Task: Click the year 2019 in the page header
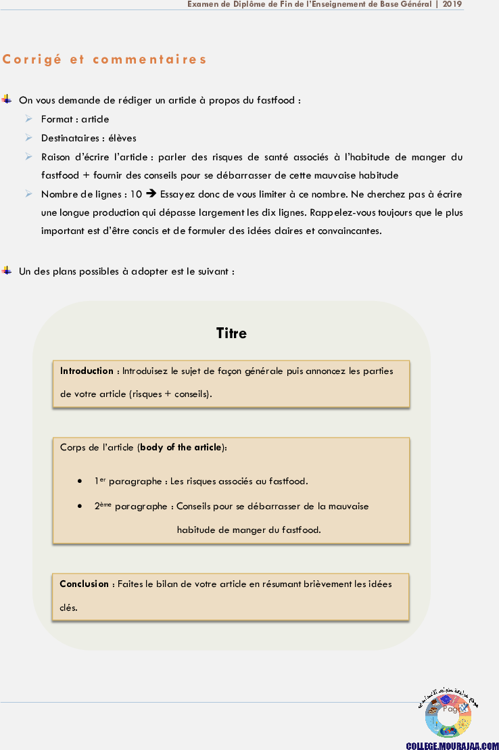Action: [453, 4]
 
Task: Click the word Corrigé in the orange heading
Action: [32, 60]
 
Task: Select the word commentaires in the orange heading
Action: [149, 60]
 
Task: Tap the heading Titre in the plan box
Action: [231, 333]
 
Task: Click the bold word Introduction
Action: [87, 371]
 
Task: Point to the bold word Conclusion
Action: [84, 584]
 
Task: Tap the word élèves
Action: [122, 138]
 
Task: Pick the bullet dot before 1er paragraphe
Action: [80, 482]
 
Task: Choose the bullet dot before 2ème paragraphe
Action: [80, 506]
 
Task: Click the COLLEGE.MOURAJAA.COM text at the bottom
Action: [452, 745]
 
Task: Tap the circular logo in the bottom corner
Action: [448, 714]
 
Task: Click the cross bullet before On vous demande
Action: [7, 99]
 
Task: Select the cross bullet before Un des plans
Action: [7, 271]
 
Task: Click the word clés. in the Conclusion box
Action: [69, 607]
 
